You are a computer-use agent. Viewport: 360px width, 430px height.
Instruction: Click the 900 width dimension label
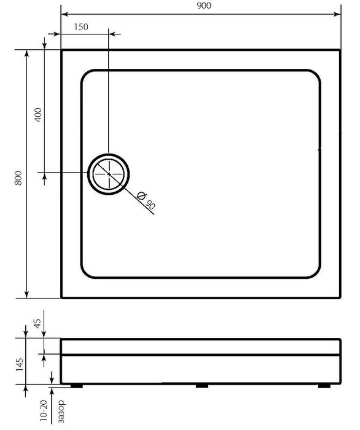pyautogui.click(x=204, y=6)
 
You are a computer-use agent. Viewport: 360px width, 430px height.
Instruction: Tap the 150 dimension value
pyautogui.click(x=81, y=27)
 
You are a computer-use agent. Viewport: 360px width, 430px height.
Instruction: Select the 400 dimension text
pyautogui.click(x=38, y=115)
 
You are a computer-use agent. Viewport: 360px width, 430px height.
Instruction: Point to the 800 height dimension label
pyautogui.click(x=18, y=178)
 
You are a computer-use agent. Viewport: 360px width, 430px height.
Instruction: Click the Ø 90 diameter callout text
pyautogui.click(x=146, y=200)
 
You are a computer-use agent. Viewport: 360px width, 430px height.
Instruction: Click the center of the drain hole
pyautogui.click(x=109, y=174)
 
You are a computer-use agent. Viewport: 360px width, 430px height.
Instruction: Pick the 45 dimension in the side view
pyautogui.click(x=37, y=323)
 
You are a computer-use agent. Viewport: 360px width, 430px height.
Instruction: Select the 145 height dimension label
pyautogui.click(x=19, y=364)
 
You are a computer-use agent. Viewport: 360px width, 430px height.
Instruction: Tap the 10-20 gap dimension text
pyautogui.click(x=44, y=410)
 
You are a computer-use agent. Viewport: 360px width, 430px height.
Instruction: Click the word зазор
pyautogui.click(x=61, y=412)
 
